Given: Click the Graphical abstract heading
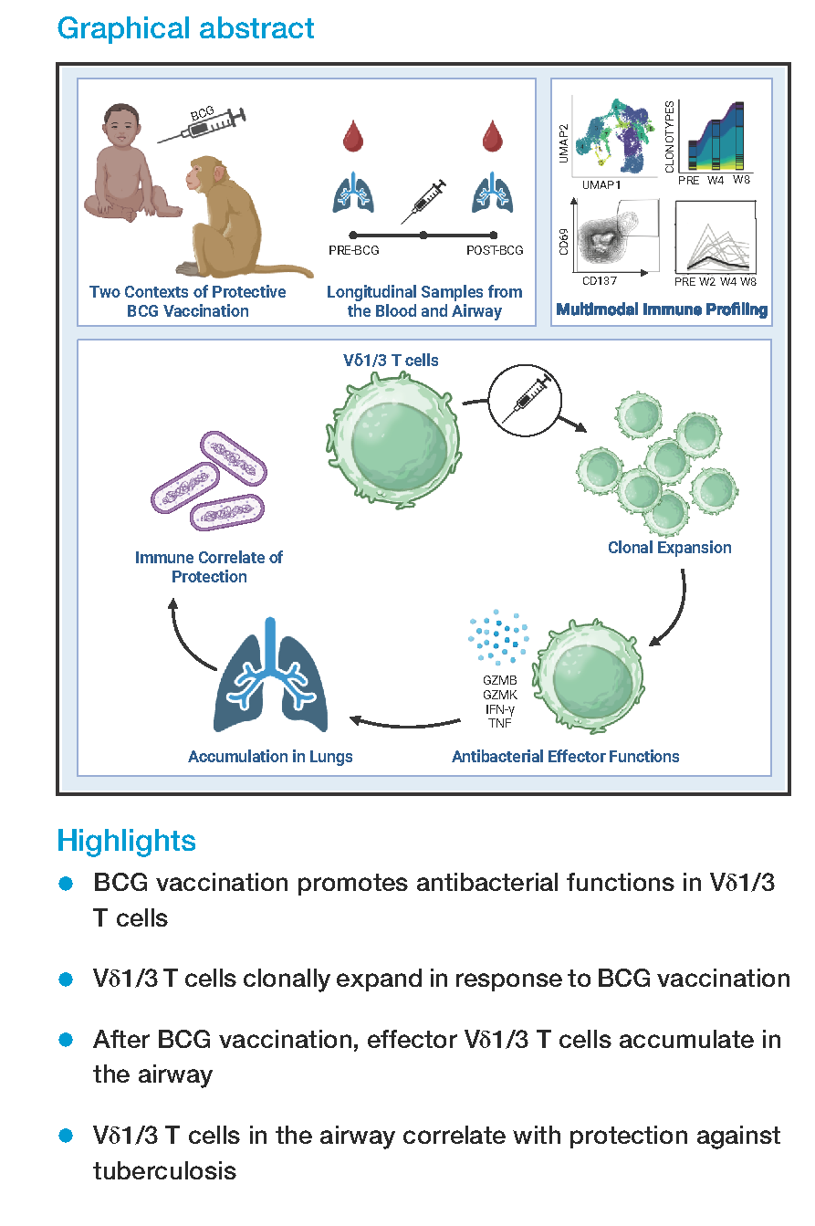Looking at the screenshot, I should tap(185, 28).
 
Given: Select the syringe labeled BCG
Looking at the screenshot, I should tap(203, 125).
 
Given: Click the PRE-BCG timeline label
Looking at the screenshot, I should tap(353, 250).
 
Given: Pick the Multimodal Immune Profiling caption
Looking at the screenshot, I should tap(662, 310).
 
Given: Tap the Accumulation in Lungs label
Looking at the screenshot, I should tap(270, 756).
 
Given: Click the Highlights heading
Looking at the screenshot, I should tap(126, 840).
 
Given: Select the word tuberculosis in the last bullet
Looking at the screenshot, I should tap(164, 1170).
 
